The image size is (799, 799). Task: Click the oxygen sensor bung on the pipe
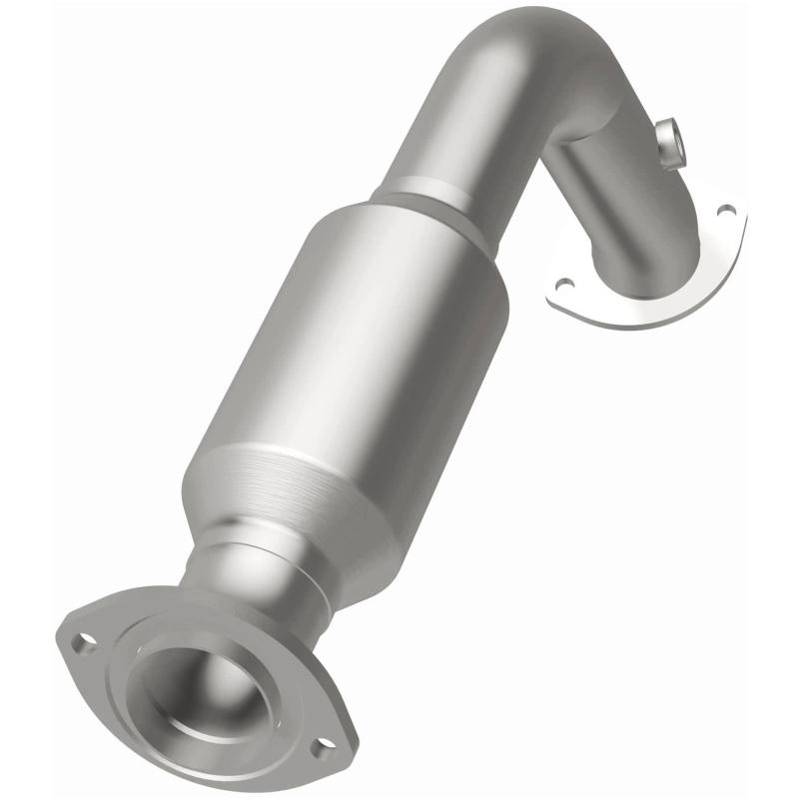[672, 140]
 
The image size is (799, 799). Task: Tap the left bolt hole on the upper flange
[564, 284]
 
